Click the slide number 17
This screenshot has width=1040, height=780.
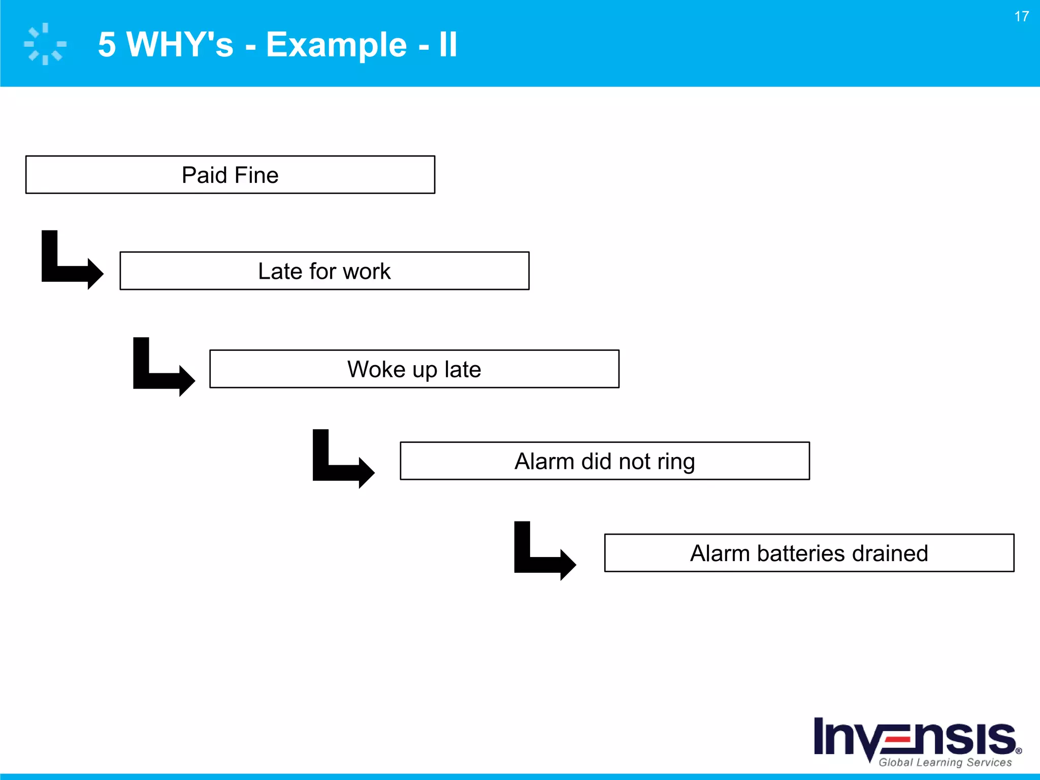click(1021, 17)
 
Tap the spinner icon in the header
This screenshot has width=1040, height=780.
click(45, 44)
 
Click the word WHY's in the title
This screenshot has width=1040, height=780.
click(180, 45)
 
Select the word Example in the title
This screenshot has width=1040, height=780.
click(336, 45)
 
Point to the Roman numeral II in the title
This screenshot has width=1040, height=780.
click(448, 45)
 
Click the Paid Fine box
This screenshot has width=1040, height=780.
click(230, 175)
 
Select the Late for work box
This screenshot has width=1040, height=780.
click(324, 271)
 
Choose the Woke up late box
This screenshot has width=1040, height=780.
click(414, 369)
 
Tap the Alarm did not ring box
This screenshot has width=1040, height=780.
click(604, 461)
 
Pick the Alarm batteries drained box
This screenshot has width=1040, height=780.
click(809, 553)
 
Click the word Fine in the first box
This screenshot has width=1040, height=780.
click(256, 175)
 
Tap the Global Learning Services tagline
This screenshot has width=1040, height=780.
click(945, 762)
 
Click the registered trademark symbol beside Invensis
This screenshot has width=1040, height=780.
click(1019, 751)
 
